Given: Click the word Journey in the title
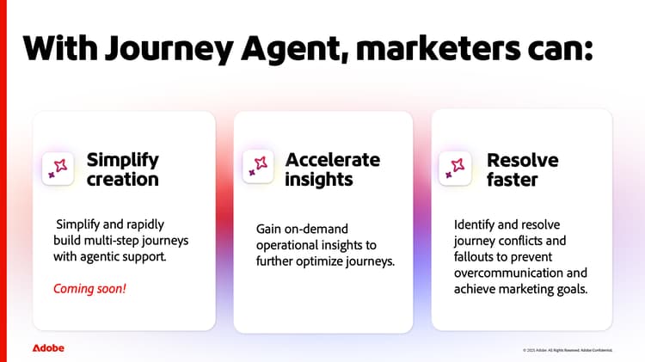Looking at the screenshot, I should [159, 47].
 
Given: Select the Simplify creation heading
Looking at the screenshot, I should [123, 169].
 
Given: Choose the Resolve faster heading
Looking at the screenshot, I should [522, 169].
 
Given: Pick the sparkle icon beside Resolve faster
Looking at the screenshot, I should [455, 167].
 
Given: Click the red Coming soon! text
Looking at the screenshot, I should [89, 289].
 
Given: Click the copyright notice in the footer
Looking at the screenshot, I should [567, 350].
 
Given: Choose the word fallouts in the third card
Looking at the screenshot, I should [476, 256].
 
